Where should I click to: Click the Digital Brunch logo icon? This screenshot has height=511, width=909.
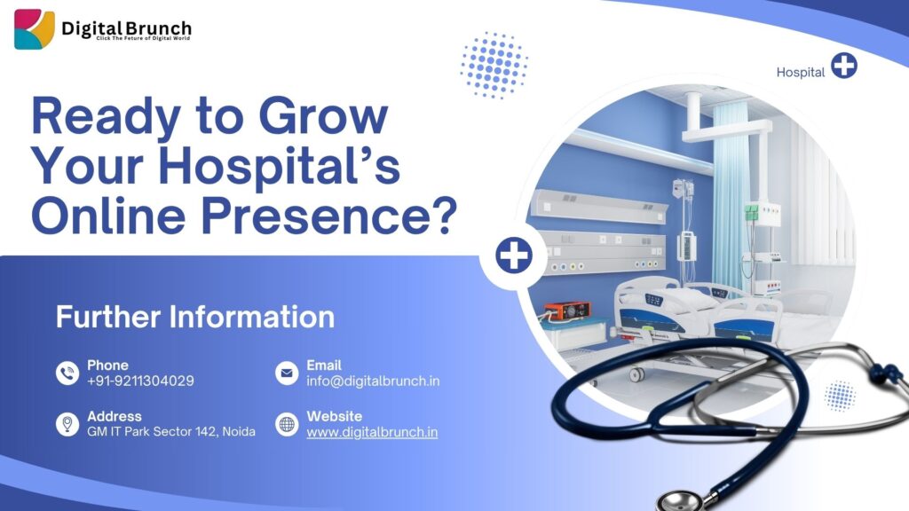(35, 29)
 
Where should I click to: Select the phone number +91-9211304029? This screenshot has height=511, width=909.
(140, 381)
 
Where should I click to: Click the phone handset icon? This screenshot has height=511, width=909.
(67, 373)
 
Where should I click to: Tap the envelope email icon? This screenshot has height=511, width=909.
(287, 373)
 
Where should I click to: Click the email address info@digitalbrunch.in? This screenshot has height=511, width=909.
(373, 381)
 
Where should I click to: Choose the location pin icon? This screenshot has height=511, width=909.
(67, 424)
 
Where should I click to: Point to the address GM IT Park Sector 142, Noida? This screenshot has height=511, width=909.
(171, 432)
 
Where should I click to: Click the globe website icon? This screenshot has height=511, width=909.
(287, 424)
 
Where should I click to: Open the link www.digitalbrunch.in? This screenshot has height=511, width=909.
(372, 432)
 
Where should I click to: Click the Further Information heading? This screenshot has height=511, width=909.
(195, 317)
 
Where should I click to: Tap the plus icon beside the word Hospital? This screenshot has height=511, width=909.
(844, 66)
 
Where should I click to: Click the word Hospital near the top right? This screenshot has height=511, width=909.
(801, 73)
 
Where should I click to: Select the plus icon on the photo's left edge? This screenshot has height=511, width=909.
(514, 255)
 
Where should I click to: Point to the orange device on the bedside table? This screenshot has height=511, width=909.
(567, 311)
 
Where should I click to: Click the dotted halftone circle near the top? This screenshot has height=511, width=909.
(494, 65)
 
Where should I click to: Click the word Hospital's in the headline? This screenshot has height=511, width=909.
(280, 165)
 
